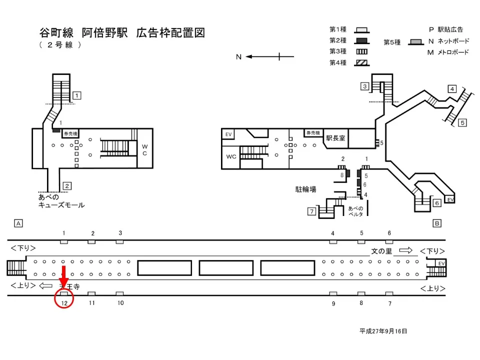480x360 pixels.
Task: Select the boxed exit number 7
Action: [x=311, y=211]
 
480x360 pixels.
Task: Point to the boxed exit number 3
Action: [x=365, y=86]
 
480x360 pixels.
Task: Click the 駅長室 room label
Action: [x=335, y=138]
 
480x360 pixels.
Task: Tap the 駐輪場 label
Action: [x=305, y=189]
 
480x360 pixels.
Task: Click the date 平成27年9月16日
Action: [x=384, y=331]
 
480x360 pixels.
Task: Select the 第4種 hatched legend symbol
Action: [x=361, y=63]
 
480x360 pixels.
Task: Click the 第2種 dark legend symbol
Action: [x=361, y=40]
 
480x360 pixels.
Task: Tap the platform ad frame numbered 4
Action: [x=332, y=242]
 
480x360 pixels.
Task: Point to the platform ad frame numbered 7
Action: [x=389, y=294]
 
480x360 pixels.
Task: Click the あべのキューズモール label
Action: [x=61, y=201]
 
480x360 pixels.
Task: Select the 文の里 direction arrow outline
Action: [x=405, y=250]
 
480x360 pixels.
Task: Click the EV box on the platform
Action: [x=440, y=263]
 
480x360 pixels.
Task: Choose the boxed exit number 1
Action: [x=77, y=95]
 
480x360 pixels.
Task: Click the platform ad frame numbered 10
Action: [x=120, y=294]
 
